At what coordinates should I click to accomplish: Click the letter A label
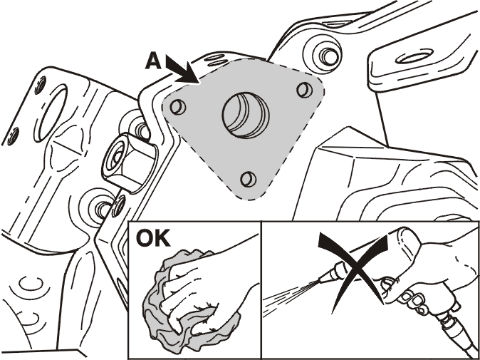[153, 62]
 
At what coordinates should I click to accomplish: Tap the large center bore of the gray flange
[246, 115]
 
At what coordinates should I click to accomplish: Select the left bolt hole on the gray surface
[178, 107]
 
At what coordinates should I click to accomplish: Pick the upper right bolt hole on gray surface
[305, 90]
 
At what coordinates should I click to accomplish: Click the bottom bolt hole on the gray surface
[249, 179]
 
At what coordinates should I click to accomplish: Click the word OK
[153, 238]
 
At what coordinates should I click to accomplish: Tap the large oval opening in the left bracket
[51, 113]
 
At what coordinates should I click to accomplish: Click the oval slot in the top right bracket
[414, 58]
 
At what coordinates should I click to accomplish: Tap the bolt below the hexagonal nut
[101, 208]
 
